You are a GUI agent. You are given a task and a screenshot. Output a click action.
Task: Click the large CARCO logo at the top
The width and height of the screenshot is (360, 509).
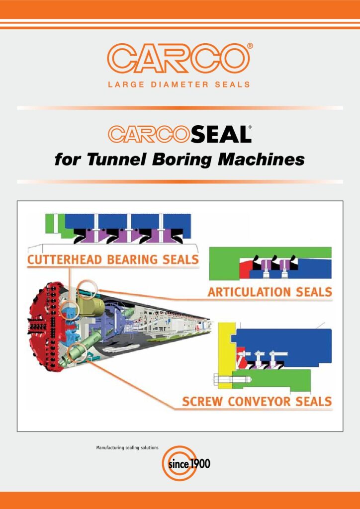(x=180, y=58)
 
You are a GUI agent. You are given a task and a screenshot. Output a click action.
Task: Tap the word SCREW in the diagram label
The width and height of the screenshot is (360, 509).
(x=203, y=401)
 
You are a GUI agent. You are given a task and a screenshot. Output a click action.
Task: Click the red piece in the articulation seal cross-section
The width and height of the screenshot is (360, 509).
(x=244, y=269)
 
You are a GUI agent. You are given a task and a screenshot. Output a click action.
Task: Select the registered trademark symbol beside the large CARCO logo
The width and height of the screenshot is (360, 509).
(x=250, y=45)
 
